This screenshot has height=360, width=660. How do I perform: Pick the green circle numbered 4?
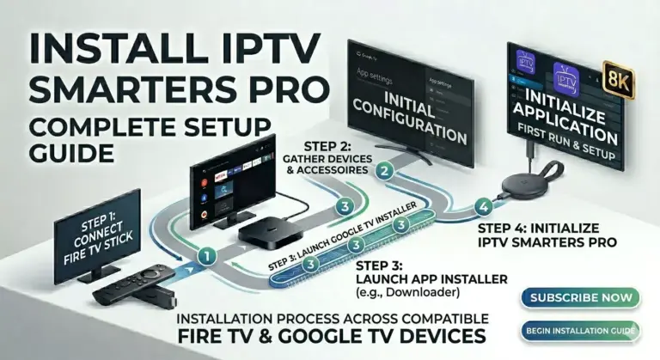pyautogui.click(x=485, y=206)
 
